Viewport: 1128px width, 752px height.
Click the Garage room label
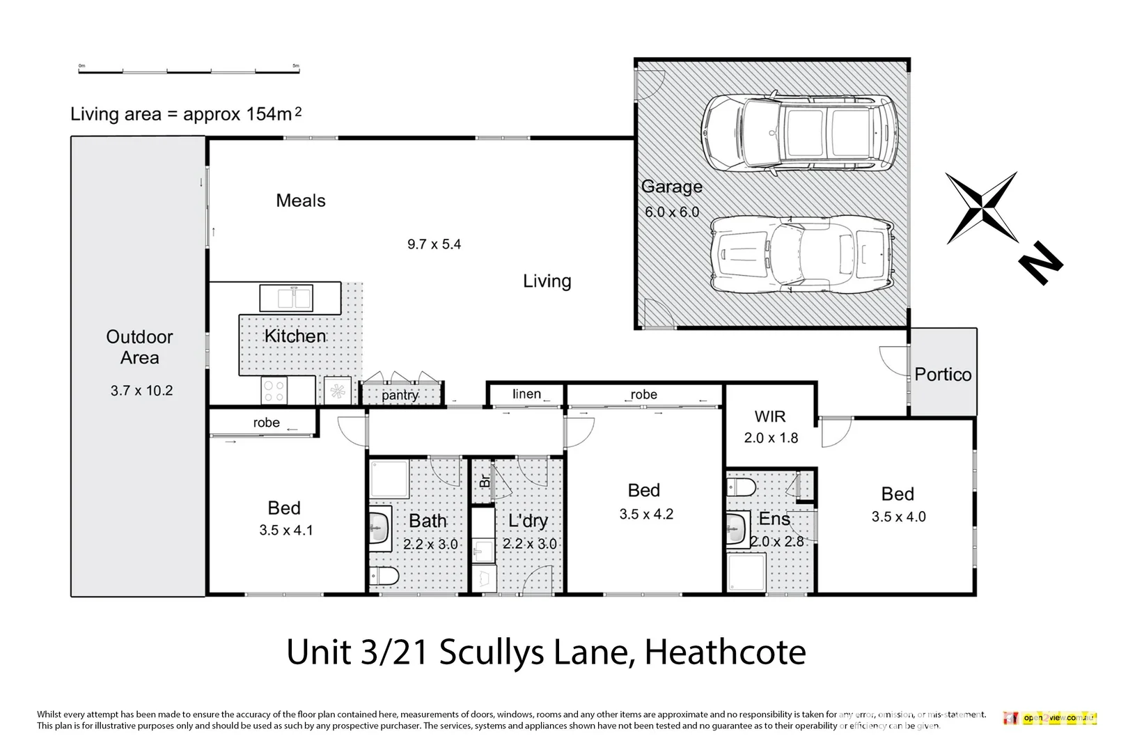tap(671, 187)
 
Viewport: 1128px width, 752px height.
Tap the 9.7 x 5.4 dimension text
tap(434, 244)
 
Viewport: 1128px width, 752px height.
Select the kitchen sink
tap(285, 298)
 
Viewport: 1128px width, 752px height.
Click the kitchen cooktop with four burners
tap(274, 390)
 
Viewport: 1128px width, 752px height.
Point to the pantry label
tap(400, 395)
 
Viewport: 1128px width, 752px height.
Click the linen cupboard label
tap(526, 394)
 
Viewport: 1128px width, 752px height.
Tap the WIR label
tap(770, 416)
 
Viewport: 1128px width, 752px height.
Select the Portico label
tap(943, 375)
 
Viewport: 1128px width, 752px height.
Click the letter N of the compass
tap(1040, 263)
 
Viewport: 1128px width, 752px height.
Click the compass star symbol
tap(982, 207)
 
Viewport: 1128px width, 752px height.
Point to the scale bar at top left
tap(188, 70)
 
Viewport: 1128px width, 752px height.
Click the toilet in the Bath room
tap(384, 576)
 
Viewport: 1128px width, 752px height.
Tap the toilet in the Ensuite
tap(740, 486)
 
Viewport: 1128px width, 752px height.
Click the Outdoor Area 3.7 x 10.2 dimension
tap(141, 391)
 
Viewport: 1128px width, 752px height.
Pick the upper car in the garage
tap(799, 132)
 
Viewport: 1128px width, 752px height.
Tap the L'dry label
tap(528, 521)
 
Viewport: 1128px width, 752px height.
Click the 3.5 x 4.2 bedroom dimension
tap(646, 515)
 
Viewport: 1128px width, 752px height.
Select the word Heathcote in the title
tap(725, 652)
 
